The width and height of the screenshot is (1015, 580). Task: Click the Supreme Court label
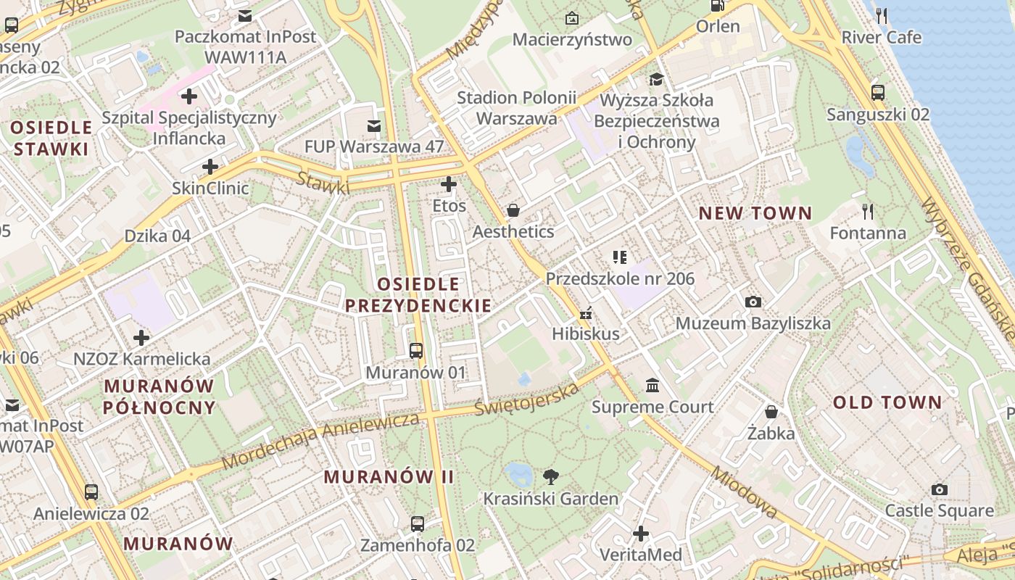[x=652, y=407]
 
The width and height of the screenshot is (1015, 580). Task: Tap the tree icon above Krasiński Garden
[x=551, y=476]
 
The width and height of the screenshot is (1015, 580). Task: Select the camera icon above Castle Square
[x=940, y=489]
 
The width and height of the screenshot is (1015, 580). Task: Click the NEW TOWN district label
[x=755, y=213]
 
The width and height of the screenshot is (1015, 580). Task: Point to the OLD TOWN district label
[x=887, y=402]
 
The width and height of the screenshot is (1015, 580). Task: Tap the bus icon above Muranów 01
[x=416, y=351]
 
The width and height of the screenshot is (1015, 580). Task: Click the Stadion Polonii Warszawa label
[x=517, y=108]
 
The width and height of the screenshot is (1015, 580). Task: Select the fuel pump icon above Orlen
[x=717, y=6]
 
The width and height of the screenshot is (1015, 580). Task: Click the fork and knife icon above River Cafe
[x=882, y=15]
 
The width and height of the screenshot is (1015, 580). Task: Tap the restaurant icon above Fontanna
[x=868, y=211]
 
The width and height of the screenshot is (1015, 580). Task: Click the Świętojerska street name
[x=527, y=399]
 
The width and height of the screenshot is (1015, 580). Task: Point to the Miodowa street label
[x=744, y=493]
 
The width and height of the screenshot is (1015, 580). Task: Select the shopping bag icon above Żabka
[x=771, y=412]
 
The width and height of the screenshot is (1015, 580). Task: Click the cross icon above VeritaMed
[x=641, y=534]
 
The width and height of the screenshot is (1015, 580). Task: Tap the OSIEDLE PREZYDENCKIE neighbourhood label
[x=418, y=294]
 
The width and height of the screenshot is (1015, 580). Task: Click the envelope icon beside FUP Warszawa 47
[x=374, y=126]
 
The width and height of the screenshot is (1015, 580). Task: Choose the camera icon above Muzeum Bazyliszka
[x=753, y=302]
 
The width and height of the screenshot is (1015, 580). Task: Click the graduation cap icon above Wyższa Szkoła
[x=656, y=79]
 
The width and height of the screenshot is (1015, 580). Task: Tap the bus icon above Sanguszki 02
[x=878, y=93]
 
